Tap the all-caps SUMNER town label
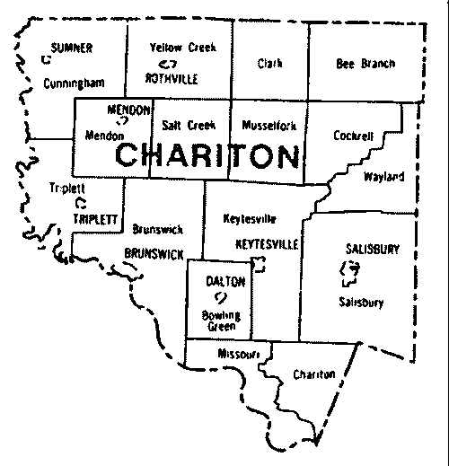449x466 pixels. coord(72,48)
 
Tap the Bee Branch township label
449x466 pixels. coord(365,64)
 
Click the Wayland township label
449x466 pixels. coord(383,176)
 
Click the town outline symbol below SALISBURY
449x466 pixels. coord(353,268)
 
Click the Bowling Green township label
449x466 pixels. coord(220,321)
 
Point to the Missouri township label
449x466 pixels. coord(237,354)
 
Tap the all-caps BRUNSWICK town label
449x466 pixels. coord(154,254)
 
